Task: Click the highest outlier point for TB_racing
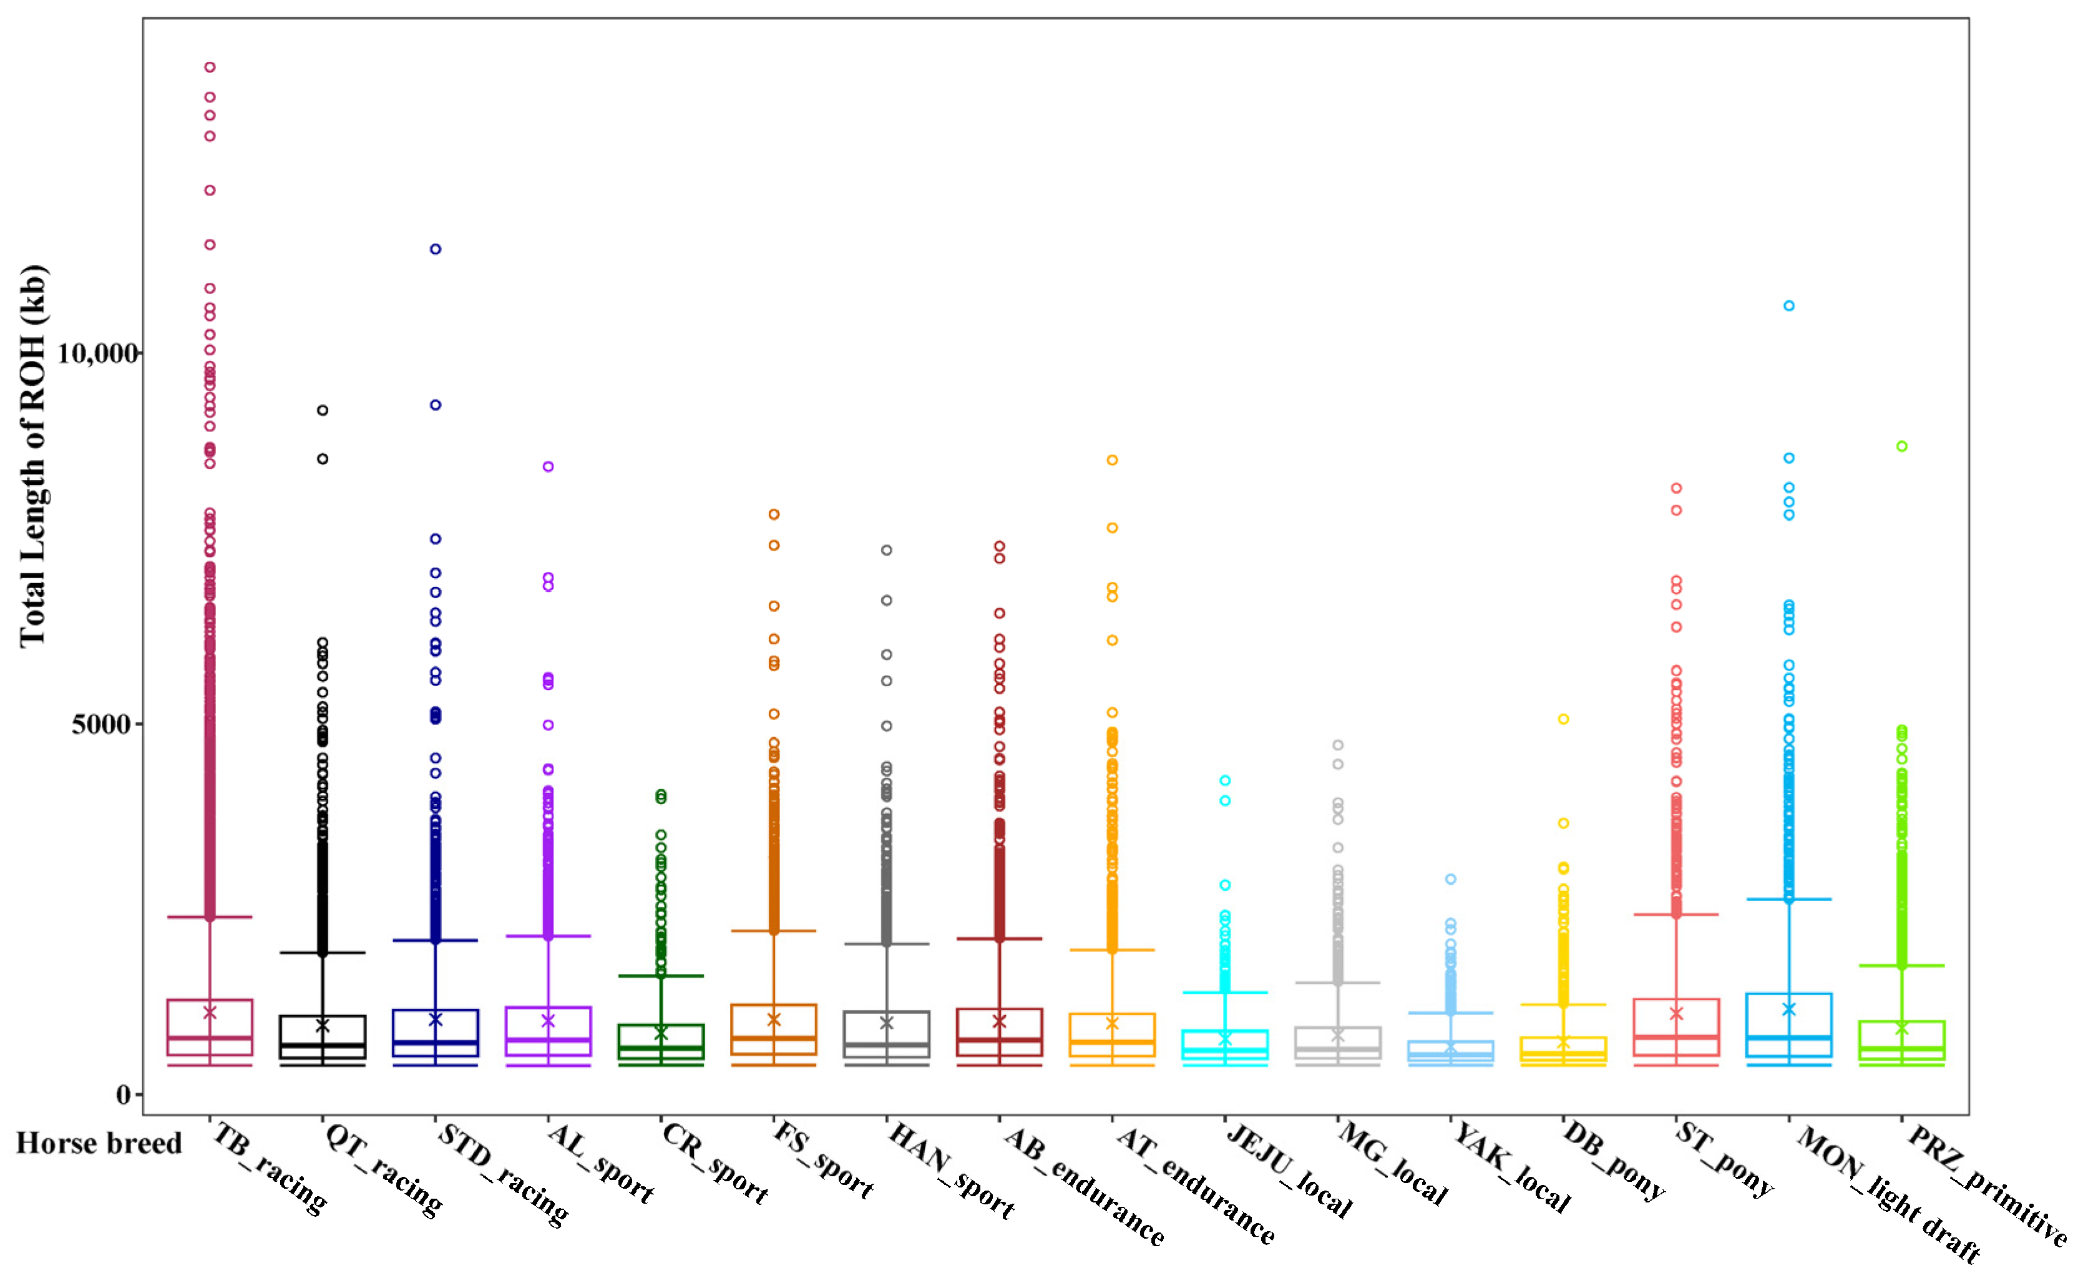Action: [210, 67]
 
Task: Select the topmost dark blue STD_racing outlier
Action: [435, 249]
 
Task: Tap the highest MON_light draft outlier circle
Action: [1788, 306]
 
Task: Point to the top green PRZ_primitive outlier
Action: [1902, 446]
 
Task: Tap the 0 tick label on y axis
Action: [123, 1095]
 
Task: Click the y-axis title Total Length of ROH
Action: [34, 456]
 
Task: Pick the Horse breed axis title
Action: [99, 1143]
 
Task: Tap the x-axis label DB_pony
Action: [1614, 1161]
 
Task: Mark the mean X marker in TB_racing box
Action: [210, 1012]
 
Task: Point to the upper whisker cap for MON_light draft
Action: [1788, 899]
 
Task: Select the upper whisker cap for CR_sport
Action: [661, 976]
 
